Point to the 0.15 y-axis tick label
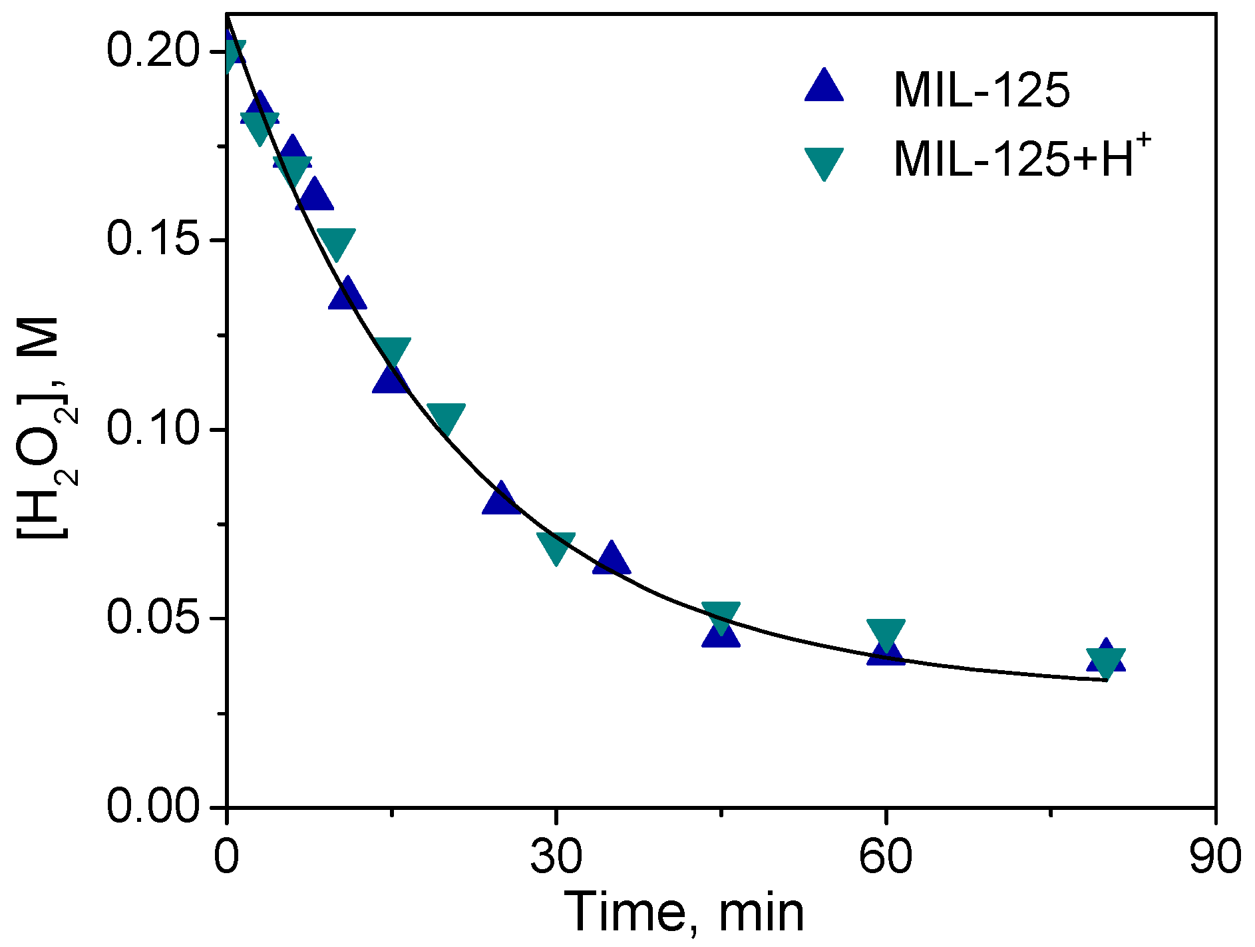point(153,240)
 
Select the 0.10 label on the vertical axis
point(153,429)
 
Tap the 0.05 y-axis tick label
point(153,618)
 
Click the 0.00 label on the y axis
point(153,807)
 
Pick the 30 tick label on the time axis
point(556,856)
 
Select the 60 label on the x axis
point(886,856)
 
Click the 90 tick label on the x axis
point(1215,856)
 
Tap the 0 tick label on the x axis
point(227,856)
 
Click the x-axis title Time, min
point(685,912)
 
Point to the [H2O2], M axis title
point(47,429)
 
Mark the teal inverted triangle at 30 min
point(556,546)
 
